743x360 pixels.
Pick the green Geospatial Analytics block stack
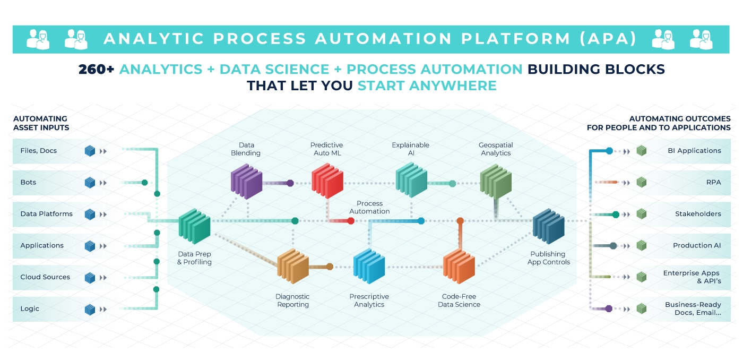tap(496, 179)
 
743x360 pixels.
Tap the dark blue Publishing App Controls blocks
tap(548, 225)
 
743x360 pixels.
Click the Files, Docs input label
tap(39, 151)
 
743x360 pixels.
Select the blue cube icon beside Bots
tap(90, 183)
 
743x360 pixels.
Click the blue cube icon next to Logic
tap(90, 309)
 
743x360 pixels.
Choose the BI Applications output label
tap(694, 151)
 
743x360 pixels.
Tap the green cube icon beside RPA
tap(642, 183)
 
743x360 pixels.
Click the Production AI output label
tap(697, 246)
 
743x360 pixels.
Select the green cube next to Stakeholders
tap(642, 214)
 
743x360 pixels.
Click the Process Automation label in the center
tap(369, 208)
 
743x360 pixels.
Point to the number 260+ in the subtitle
tap(97, 70)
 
